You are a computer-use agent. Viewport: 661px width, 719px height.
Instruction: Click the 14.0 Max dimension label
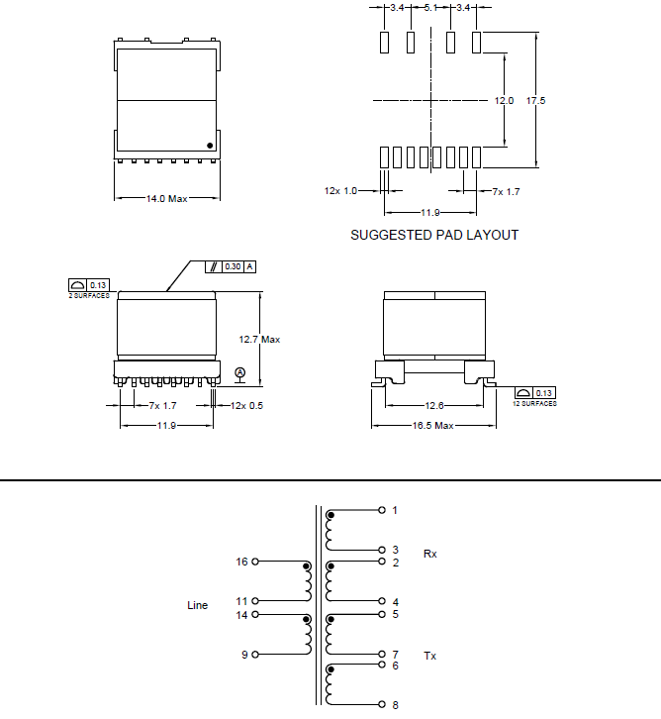[x=167, y=199]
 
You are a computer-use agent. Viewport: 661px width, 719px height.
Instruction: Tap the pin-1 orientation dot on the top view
[x=210, y=146]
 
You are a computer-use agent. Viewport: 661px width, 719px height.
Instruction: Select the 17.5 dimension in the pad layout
[x=536, y=101]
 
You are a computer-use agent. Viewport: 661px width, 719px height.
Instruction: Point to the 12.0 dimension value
[x=505, y=101]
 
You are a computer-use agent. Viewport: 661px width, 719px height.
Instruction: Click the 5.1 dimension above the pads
[x=431, y=8]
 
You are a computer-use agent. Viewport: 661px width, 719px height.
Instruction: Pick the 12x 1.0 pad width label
[x=340, y=191]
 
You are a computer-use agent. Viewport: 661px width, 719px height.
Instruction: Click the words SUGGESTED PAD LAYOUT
[x=434, y=235]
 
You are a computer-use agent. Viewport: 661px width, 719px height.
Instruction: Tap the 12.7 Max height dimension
[x=259, y=339]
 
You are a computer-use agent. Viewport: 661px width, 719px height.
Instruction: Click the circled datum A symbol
[x=239, y=373]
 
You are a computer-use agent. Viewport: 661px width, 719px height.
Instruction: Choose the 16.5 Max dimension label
[x=432, y=426]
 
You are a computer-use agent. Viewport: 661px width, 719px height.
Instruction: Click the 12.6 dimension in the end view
[x=432, y=404]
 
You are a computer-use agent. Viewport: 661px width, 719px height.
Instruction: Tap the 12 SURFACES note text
[x=534, y=403]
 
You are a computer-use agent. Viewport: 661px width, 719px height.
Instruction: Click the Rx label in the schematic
[x=429, y=554]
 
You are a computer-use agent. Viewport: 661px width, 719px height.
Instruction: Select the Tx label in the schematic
[x=429, y=656]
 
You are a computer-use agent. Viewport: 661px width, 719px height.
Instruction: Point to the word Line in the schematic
[x=198, y=605]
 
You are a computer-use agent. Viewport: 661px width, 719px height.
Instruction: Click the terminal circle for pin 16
[x=255, y=562]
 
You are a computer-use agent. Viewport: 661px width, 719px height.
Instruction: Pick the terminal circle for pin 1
[x=382, y=510]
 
